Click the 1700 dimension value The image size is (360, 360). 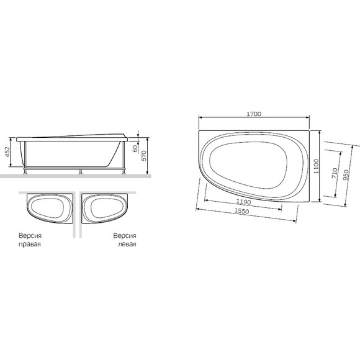click(x=254, y=114)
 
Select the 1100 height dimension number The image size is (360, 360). click(x=317, y=166)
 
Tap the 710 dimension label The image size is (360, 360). click(x=335, y=173)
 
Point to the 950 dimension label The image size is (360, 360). click(x=346, y=175)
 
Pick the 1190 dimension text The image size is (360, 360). click(x=243, y=202)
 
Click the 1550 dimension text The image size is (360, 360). click(x=241, y=211)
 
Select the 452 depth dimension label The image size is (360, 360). click(x=7, y=152)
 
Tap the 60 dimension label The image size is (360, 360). click(x=135, y=148)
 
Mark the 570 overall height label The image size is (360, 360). click(x=144, y=156)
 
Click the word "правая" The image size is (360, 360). click(x=30, y=244)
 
